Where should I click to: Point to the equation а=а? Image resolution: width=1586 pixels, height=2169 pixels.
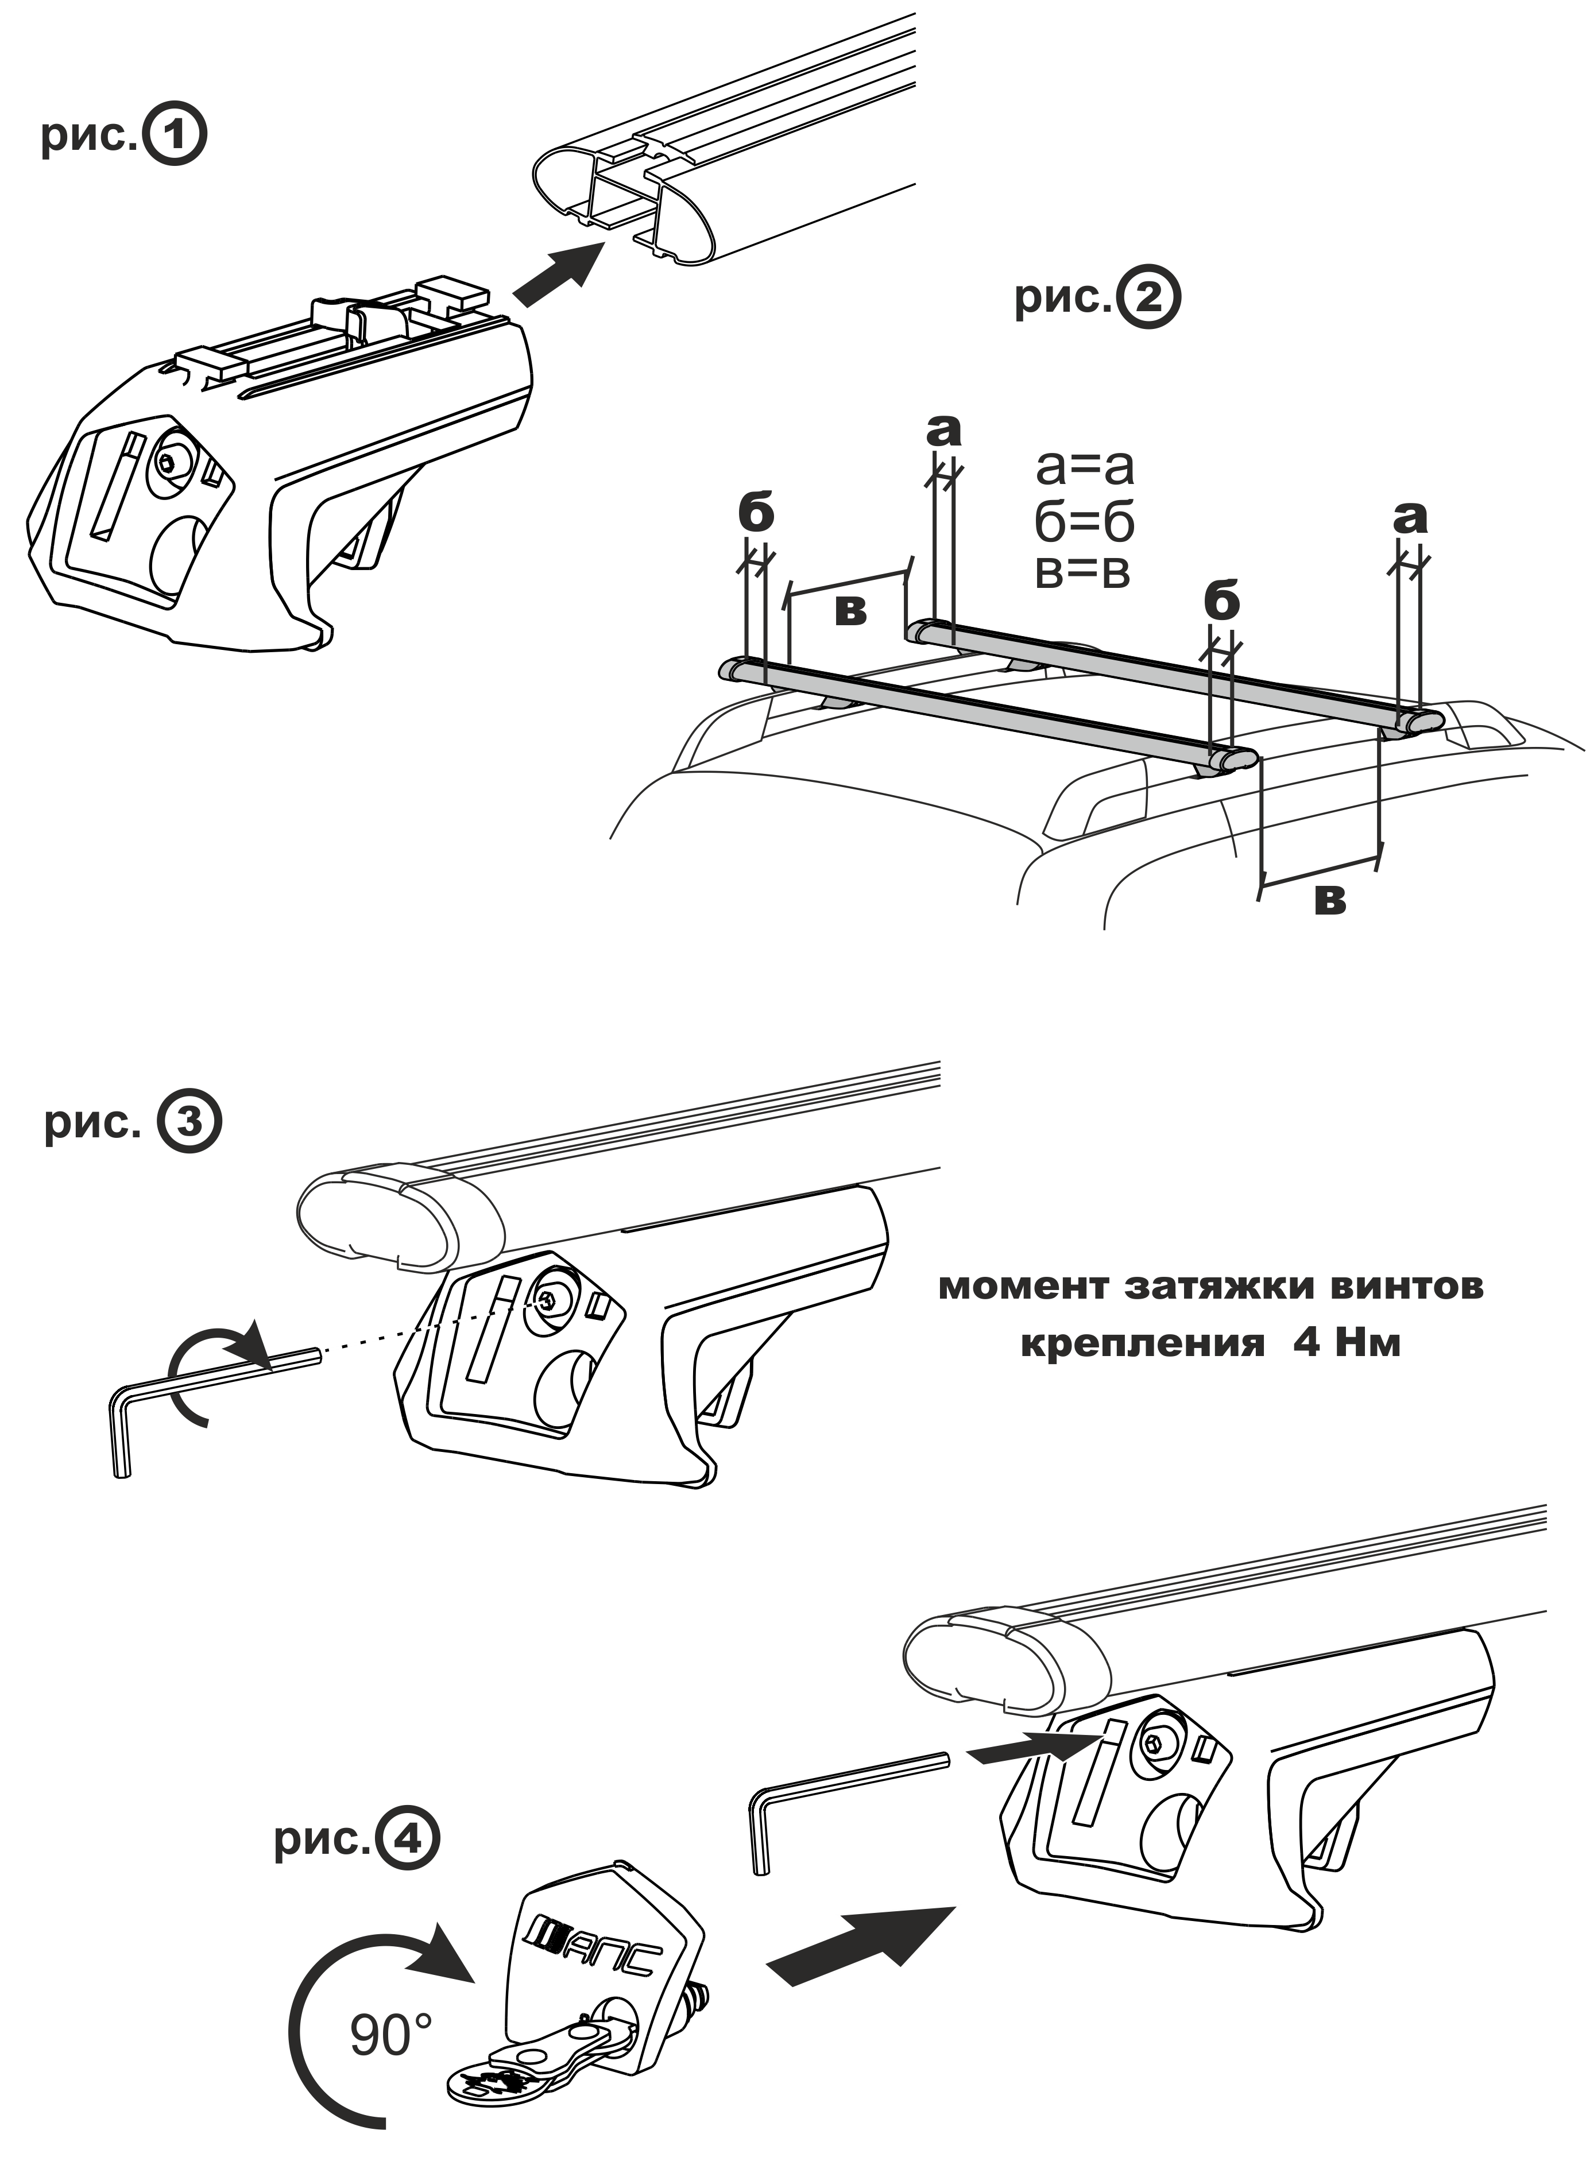coord(1085,467)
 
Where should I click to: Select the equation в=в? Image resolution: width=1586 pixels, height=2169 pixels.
coord(1083,572)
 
